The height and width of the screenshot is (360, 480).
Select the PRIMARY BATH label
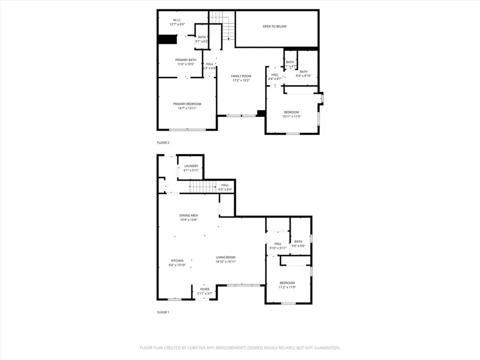click(185, 60)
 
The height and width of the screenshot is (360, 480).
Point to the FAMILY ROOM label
click(241, 76)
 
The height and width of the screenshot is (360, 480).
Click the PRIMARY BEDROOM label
click(187, 103)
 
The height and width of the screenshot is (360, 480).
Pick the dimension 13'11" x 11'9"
click(291, 116)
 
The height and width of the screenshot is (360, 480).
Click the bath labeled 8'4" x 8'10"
click(303, 75)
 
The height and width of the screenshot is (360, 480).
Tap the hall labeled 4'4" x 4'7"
click(275, 78)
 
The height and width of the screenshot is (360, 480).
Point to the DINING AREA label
click(188, 215)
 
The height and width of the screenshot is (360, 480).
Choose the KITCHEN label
click(177, 261)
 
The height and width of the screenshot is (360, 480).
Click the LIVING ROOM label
click(226, 257)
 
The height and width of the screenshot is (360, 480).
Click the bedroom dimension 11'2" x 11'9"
click(287, 287)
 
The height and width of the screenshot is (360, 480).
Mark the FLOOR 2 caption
click(163, 143)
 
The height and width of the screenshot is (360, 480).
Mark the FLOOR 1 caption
click(163, 312)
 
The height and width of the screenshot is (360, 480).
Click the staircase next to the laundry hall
click(203, 187)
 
